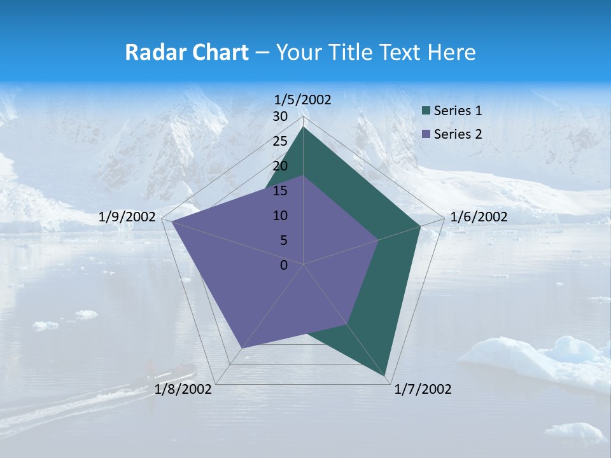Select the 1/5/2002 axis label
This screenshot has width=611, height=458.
(x=302, y=99)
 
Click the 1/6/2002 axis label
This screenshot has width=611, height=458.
(x=479, y=217)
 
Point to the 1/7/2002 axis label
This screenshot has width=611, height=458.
(x=423, y=389)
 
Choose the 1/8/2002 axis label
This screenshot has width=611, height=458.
(x=183, y=389)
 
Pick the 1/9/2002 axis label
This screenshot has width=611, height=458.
(x=127, y=217)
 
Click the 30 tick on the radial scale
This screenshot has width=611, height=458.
(x=280, y=116)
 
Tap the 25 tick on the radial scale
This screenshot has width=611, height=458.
(x=280, y=141)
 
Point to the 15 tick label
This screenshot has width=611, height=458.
(x=280, y=191)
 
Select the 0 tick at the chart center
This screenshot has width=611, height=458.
(x=284, y=265)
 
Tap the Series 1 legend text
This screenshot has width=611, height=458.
(x=458, y=111)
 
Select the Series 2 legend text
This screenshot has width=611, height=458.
(x=458, y=134)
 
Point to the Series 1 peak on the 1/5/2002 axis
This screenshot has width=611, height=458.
(x=303, y=127)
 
